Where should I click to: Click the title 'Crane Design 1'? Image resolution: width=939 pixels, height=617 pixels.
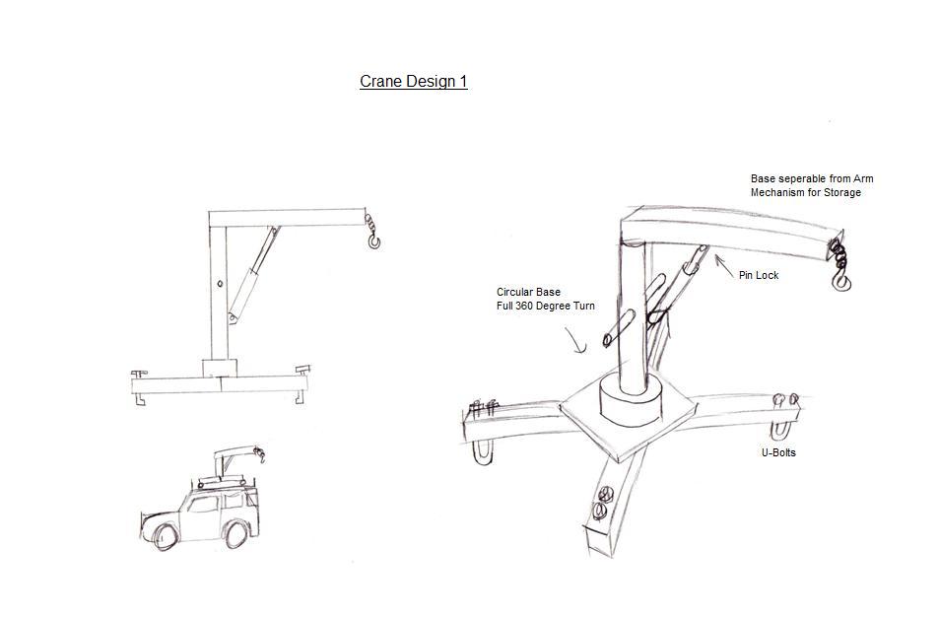(413, 82)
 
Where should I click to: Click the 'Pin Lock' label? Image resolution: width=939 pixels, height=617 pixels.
(758, 275)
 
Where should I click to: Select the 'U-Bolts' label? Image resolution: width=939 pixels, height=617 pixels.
(778, 452)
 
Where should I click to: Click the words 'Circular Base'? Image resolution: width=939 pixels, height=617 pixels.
(528, 293)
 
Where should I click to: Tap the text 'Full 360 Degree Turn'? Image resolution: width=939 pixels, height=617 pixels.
(545, 307)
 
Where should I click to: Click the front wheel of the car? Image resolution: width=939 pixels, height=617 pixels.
(164, 536)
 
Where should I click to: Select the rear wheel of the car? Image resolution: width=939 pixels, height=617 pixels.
(235, 534)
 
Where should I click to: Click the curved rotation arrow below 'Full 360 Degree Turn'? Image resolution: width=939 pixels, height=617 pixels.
(577, 341)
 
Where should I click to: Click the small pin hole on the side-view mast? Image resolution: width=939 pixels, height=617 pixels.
(220, 286)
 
